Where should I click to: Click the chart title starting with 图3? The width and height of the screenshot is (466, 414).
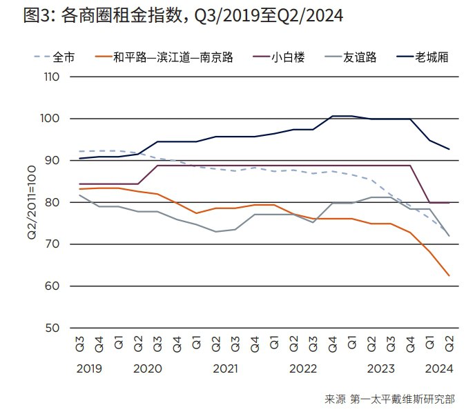pyautogui.click(x=183, y=15)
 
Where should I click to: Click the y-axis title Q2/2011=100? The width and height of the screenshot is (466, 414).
pyautogui.click(x=32, y=203)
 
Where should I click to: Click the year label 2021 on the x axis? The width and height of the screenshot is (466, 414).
pyautogui.click(x=225, y=369)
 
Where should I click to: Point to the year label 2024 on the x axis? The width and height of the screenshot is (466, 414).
pyautogui.click(x=440, y=369)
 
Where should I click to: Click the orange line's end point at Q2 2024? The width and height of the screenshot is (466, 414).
pyautogui.click(x=449, y=276)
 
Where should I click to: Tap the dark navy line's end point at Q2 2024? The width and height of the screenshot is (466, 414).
pyautogui.click(x=449, y=149)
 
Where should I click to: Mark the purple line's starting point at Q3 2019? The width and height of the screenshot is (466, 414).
pyautogui.click(x=79, y=184)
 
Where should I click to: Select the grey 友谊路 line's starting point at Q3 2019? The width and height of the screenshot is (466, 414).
pyautogui.click(x=79, y=195)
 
